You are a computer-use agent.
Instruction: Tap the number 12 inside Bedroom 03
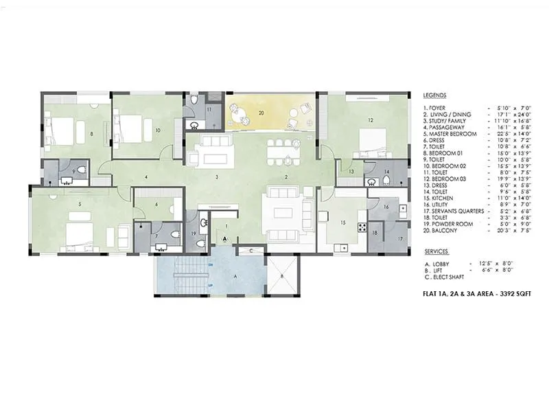[370, 121]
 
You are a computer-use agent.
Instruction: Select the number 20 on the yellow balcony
[261, 111]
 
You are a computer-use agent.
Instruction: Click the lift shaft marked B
[281, 276]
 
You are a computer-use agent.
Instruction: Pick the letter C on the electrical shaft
[252, 251]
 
